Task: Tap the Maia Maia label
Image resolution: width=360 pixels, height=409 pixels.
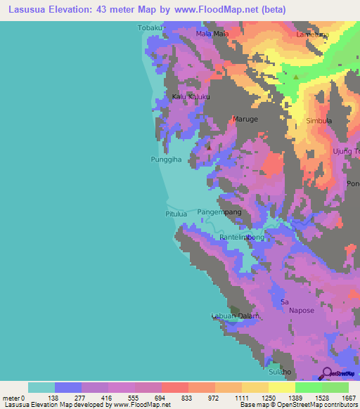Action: pos(212,33)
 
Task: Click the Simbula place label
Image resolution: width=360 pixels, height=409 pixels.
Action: pos(319,121)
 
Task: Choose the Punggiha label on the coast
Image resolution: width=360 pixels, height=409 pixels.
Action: pos(167,160)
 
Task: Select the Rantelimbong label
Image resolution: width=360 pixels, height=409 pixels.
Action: pos(242,238)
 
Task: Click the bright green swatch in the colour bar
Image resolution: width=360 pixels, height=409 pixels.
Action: pos(309,387)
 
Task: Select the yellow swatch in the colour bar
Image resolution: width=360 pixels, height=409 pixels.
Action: pos(282,387)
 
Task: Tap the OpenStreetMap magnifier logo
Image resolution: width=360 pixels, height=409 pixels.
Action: pos(326,373)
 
